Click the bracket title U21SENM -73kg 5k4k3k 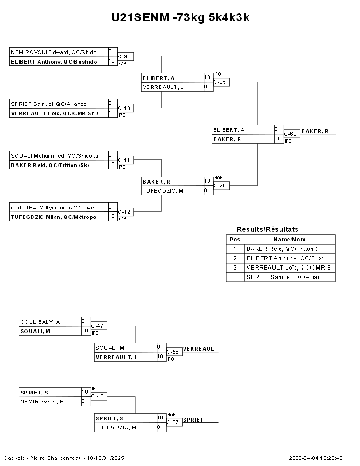pyautogui.click(x=180, y=17)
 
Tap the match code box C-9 pyautogui.click(x=125, y=56)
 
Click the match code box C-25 pyautogui.click(x=221, y=82)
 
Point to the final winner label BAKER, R pyautogui.click(x=315, y=131)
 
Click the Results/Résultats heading pyautogui.click(x=267, y=229)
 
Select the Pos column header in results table pyautogui.click(x=234, y=239)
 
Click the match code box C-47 pyautogui.click(x=99, y=326)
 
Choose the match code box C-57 pyautogui.click(x=174, y=422)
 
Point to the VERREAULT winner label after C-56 pyautogui.click(x=200, y=349)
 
